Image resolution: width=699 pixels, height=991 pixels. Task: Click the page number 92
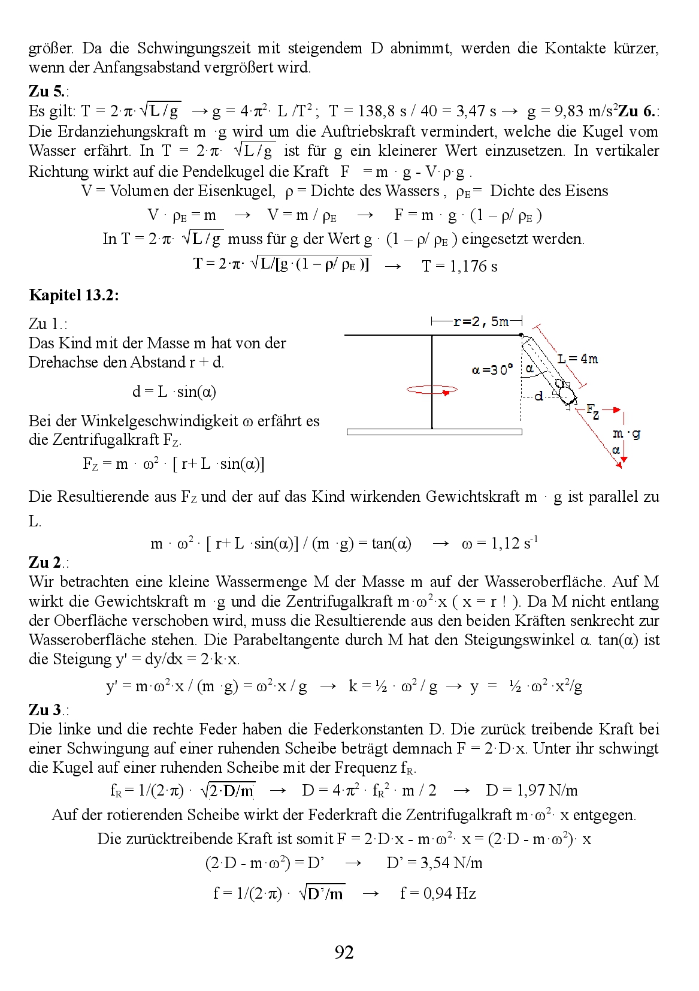coord(344,952)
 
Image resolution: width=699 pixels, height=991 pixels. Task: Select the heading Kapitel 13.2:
coord(74,295)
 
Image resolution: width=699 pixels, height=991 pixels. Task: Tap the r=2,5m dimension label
coord(480,322)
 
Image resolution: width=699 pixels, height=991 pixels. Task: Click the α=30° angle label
coord(492,370)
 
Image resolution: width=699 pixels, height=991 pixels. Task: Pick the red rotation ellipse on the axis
coord(431,390)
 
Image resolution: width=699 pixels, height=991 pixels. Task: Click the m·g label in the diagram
coord(627,433)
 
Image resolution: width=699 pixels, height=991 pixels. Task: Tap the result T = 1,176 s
coord(459,266)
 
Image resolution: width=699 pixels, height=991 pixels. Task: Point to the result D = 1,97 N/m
coord(531,791)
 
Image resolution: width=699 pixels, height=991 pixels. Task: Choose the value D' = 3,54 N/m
coord(434,863)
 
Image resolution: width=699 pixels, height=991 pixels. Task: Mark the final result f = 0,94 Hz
coord(438,894)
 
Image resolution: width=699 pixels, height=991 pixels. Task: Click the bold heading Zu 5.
coord(47,91)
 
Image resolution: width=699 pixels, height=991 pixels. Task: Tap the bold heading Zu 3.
coord(47,710)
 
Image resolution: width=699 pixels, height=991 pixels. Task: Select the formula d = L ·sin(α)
coord(174,392)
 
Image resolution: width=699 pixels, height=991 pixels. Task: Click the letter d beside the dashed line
coord(539,396)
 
